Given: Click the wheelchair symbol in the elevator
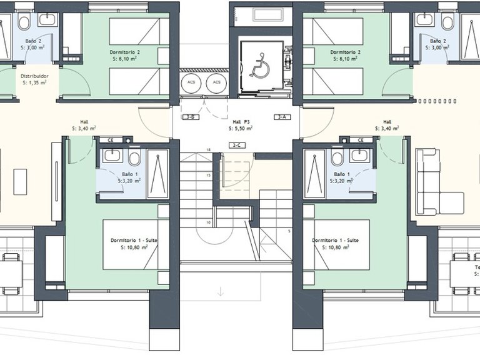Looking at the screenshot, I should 259,66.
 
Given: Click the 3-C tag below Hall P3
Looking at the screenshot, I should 236,145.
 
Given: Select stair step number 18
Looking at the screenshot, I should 208,150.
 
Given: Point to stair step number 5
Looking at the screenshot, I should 289,231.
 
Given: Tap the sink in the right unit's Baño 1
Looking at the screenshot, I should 358,155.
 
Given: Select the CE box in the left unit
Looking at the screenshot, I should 110,141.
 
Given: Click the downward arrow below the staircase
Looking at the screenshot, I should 220,291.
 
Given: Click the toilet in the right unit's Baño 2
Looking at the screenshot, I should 447,23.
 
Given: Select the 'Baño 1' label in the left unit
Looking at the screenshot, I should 129,174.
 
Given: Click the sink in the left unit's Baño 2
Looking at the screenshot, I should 47,20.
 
